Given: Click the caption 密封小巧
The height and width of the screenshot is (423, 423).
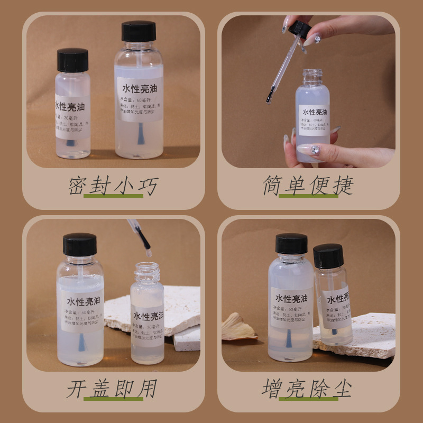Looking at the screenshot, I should click(x=113, y=186).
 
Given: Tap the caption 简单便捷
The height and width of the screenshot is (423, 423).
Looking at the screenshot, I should click(x=308, y=186).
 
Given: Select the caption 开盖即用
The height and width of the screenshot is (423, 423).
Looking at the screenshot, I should click(x=112, y=389).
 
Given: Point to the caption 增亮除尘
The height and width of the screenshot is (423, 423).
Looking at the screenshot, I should click(x=308, y=389).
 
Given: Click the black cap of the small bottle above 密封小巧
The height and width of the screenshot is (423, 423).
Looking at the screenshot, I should click(x=72, y=60).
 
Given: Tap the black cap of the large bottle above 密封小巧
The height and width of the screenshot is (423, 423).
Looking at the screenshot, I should click(x=139, y=31).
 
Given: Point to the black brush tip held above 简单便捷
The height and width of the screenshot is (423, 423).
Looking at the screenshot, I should click(x=270, y=97).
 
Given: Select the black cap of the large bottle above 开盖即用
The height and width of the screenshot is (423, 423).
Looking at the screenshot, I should click(x=80, y=244).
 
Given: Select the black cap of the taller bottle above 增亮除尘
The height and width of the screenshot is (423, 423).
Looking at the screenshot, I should click(x=291, y=244).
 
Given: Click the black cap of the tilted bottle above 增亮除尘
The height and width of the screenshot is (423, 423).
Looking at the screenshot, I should click(x=328, y=255).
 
